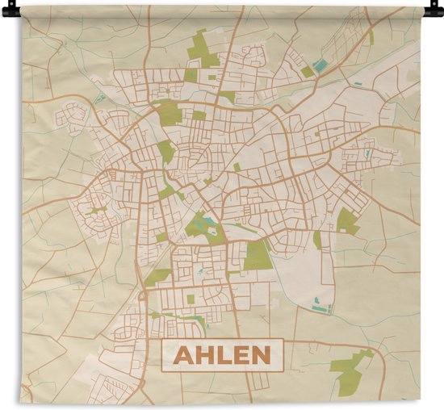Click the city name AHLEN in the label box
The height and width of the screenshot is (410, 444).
223,355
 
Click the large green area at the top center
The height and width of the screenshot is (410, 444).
201,50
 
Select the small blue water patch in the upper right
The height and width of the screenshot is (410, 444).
320,65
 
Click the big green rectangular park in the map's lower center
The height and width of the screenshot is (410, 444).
258,254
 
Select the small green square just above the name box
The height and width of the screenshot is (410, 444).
191,299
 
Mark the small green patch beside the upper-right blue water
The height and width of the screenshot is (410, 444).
308,72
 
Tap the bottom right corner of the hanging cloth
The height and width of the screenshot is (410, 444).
420,401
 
